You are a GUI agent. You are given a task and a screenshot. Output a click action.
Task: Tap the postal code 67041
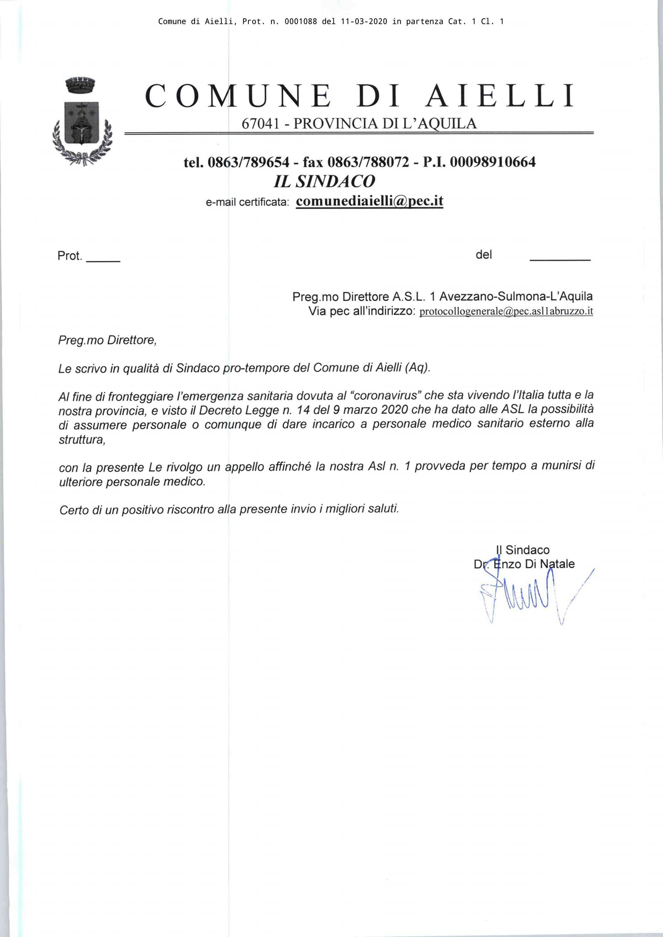(260, 124)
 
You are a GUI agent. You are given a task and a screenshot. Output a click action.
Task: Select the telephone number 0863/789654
(248, 162)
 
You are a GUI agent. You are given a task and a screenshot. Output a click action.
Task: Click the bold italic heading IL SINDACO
(324, 182)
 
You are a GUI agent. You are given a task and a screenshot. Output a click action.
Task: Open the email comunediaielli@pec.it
(370, 201)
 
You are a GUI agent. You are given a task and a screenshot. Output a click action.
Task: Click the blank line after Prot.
(103, 259)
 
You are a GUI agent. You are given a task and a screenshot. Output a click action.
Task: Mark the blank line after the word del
(560, 259)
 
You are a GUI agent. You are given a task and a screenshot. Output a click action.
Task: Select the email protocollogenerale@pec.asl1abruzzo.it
(506, 312)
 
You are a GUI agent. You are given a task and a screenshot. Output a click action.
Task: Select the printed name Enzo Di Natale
(534, 564)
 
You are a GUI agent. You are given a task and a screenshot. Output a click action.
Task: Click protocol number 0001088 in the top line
(301, 22)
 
